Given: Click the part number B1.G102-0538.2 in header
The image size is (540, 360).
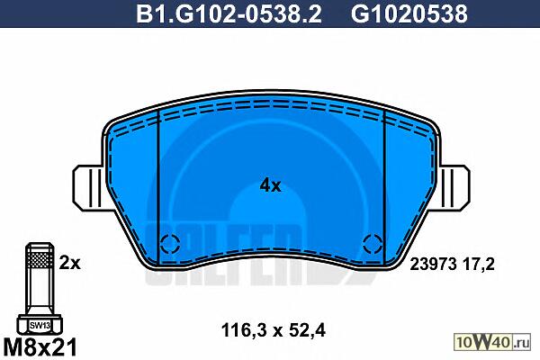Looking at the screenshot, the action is [x=229, y=14].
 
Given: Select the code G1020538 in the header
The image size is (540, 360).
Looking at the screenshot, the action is [x=409, y=14].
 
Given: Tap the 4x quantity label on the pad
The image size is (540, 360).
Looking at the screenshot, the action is [x=270, y=186].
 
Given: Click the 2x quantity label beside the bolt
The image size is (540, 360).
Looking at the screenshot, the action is [x=69, y=263].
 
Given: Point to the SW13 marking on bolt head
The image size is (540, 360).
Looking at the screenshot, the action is [x=40, y=325].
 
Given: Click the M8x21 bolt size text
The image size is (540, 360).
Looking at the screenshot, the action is [x=40, y=347].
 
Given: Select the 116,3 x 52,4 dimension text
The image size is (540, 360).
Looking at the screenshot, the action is [x=273, y=330].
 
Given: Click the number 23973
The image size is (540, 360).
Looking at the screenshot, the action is [x=433, y=265].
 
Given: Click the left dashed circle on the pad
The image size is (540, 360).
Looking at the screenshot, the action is [x=170, y=244].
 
